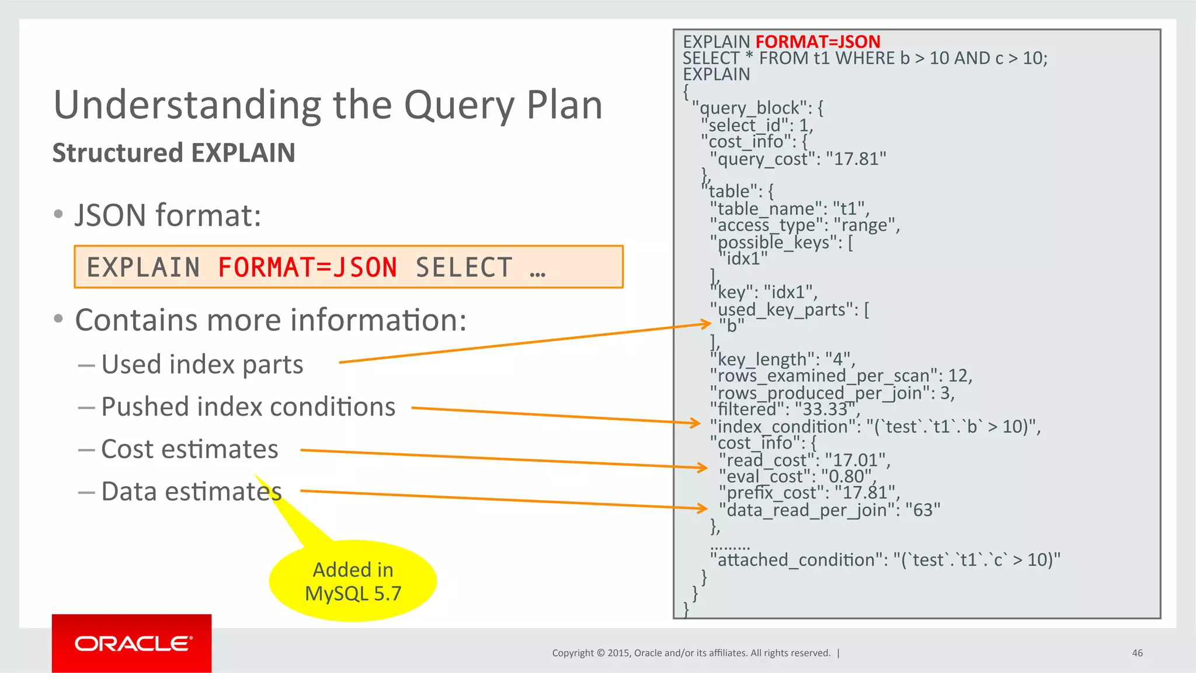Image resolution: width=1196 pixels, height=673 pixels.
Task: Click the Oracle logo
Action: (132, 643)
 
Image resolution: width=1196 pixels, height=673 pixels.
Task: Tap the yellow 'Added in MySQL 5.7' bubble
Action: (353, 581)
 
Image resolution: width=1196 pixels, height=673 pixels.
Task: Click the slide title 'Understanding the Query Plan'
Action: (328, 105)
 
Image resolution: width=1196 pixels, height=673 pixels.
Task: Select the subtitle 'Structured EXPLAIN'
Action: (173, 153)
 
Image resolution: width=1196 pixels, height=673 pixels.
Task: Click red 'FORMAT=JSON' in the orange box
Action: (307, 267)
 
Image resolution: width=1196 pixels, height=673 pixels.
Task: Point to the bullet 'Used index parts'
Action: (202, 364)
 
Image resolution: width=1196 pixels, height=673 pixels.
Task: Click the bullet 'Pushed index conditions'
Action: (248, 407)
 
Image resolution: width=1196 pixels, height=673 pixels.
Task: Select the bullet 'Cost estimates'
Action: (189, 449)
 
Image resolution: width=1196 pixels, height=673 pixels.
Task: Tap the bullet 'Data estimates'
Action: (191, 491)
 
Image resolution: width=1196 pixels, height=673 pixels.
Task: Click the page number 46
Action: (1137, 653)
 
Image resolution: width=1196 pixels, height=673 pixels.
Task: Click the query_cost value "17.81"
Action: (856, 159)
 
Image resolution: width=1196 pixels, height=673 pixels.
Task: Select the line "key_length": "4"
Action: (783, 359)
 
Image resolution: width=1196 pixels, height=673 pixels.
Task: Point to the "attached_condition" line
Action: (885, 560)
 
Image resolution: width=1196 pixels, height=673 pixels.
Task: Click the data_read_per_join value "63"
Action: (923, 510)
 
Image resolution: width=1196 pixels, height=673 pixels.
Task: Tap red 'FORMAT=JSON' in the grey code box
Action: (818, 41)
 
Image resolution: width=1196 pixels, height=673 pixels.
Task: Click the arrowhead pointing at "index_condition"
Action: (696, 423)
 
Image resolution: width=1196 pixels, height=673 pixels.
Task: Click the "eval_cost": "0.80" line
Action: (797, 476)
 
